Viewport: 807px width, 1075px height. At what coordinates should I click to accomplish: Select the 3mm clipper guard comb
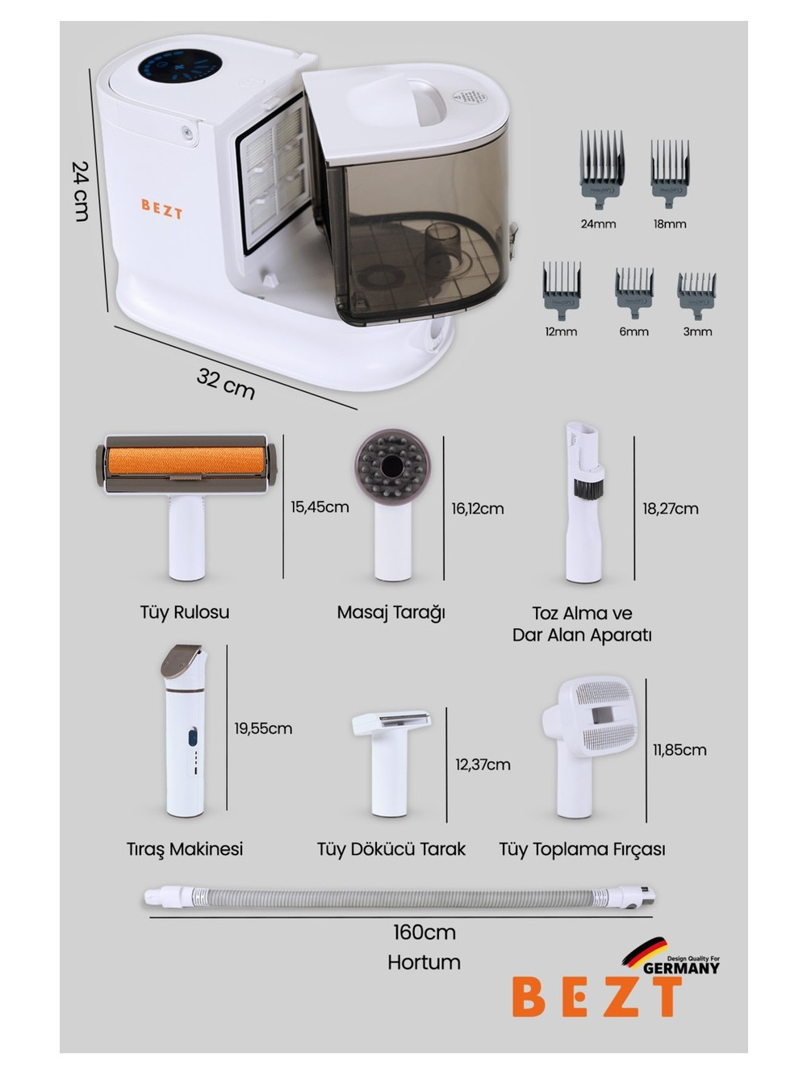696,295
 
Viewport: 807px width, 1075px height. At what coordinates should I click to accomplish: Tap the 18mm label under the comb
669,224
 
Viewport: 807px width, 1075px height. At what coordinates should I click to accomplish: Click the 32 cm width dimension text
225,384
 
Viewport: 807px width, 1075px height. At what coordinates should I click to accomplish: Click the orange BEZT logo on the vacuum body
161,209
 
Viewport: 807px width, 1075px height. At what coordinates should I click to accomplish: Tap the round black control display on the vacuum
180,65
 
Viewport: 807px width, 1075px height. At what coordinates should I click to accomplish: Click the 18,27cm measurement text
670,509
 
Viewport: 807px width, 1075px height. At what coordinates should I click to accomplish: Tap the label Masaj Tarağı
391,613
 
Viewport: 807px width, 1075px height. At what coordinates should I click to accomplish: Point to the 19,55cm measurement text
262,728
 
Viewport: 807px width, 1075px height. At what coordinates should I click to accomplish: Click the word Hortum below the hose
424,962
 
